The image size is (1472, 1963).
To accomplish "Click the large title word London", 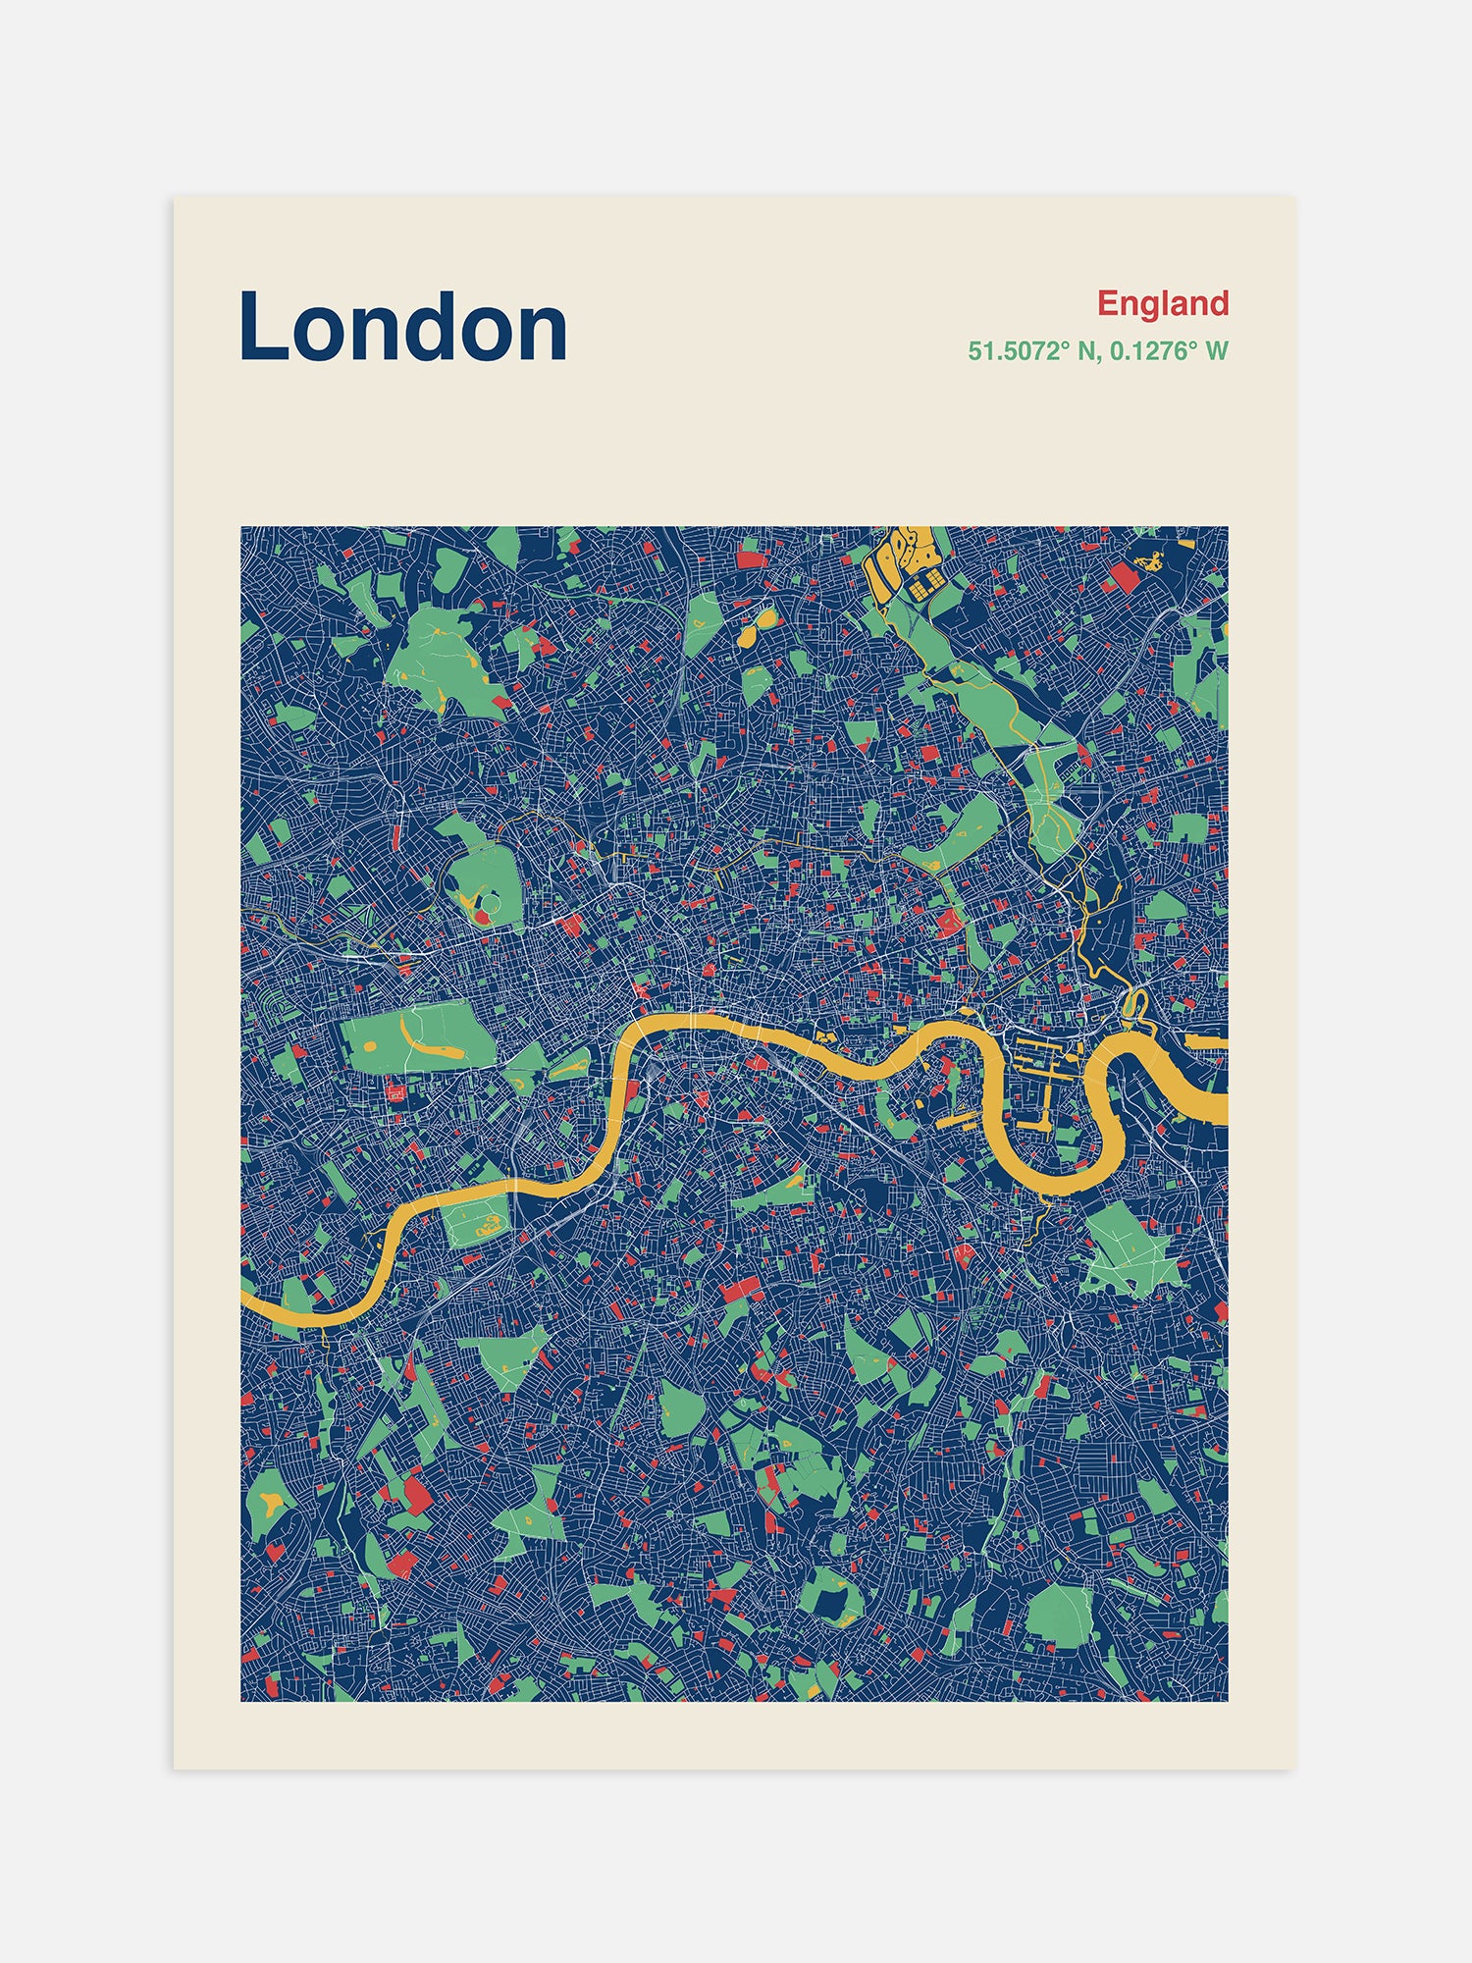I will [402, 327].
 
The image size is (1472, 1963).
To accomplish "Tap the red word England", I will [1162, 303].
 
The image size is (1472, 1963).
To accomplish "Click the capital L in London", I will [261, 327].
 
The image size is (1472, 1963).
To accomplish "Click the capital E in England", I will [1107, 303].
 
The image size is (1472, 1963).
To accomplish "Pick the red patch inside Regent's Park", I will [482, 918].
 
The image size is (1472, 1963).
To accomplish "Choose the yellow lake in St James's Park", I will [572, 1067].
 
